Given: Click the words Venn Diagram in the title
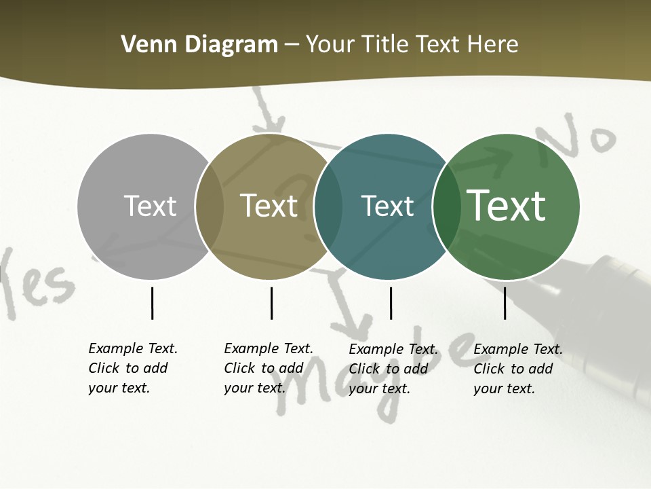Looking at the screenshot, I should tap(199, 45).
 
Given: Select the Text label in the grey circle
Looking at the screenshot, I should tap(150, 206).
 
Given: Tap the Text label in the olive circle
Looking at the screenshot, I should tap(269, 206).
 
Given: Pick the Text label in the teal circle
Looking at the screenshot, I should tap(387, 206).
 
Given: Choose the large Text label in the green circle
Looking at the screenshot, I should tap(507, 206).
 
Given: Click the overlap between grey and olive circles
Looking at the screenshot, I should tap(210, 206).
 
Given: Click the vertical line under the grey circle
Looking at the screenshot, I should tap(152, 303).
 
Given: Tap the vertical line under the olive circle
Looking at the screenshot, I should tap(271, 303).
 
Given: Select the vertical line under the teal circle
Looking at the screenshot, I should tap(391, 303).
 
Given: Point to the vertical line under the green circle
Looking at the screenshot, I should tap(505, 303).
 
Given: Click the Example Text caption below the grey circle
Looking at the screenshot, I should tap(132, 368).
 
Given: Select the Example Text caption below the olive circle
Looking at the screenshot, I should tap(268, 368).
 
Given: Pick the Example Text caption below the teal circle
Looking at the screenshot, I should tap(393, 369).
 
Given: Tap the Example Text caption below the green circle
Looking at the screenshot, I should tap(517, 369).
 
